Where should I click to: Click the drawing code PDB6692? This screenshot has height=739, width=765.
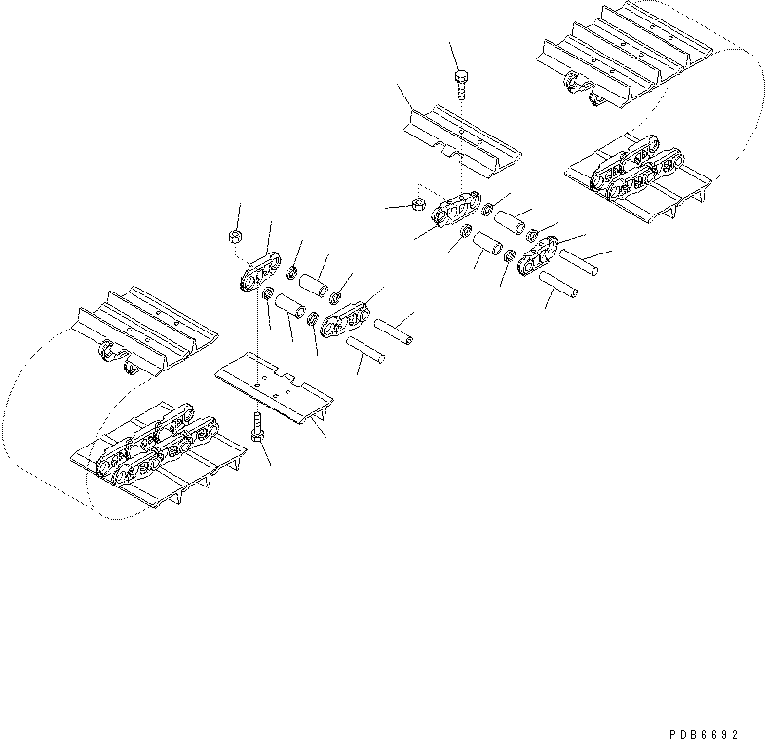(x=705, y=733)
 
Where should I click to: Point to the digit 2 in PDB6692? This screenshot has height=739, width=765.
(x=735, y=733)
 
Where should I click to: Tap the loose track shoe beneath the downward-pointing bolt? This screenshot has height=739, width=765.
(x=463, y=141)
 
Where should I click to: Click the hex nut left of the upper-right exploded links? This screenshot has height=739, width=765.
(x=418, y=204)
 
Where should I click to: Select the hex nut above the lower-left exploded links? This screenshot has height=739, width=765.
(x=236, y=236)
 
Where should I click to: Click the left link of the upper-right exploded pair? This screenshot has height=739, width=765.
(x=456, y=210)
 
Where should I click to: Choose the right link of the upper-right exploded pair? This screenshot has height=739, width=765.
(x=538, y=254)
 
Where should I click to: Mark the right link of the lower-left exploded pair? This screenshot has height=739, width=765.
(x=345, y=320)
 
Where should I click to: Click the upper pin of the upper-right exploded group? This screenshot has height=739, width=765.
(x=579, y=262)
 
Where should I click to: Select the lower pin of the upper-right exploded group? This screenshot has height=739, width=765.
(x=559, y=286)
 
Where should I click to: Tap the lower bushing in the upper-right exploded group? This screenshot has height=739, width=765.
(x=488, y=243)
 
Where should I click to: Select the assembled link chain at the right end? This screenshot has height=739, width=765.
(x=636, y=169)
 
